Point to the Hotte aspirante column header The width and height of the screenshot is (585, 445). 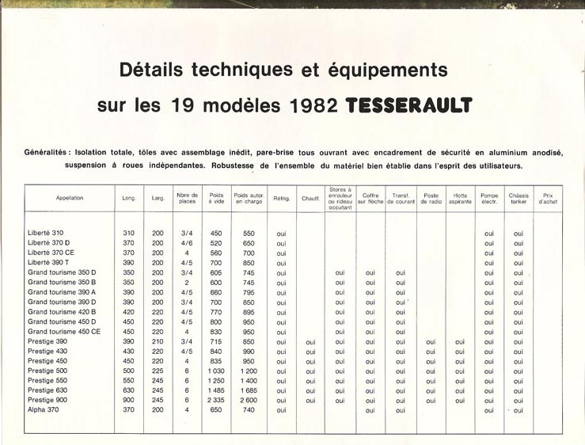point(461,198)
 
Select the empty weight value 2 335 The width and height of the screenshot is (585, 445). point(216,401)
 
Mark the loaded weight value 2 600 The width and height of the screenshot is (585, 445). point(249,401)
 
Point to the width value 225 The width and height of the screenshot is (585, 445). point(158,371)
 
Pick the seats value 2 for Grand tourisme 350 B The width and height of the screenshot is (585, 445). point(186,283)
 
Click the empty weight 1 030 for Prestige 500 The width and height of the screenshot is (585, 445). point(216,371)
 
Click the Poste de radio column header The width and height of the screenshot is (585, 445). point(431,198)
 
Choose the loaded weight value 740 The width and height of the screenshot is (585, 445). point(249,410)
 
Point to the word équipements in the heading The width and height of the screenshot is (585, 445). point(392,70)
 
